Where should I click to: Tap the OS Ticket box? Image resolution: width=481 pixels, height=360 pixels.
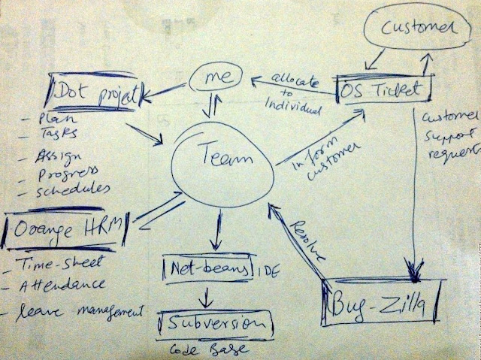384,91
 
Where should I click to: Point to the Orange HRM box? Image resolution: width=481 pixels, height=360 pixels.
65,225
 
